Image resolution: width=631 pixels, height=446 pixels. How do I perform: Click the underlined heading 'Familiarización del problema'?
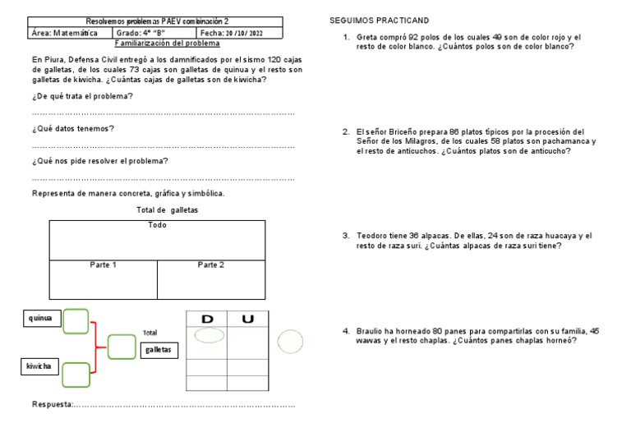168,43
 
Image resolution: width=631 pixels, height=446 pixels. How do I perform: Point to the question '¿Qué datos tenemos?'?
72,128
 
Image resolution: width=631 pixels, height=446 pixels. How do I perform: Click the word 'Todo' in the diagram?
157,224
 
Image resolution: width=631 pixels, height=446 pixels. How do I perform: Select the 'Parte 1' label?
103,264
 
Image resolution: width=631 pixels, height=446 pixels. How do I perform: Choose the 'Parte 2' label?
210,264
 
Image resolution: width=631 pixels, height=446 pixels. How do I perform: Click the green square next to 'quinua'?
76,320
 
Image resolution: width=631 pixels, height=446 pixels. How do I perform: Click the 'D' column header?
207,319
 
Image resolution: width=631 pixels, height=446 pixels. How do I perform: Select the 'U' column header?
247,319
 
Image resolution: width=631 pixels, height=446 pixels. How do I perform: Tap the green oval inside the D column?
207,335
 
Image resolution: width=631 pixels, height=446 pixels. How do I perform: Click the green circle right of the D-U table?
290,341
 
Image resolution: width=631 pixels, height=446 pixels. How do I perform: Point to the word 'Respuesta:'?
53,404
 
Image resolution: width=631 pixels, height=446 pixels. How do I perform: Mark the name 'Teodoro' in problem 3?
372,236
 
